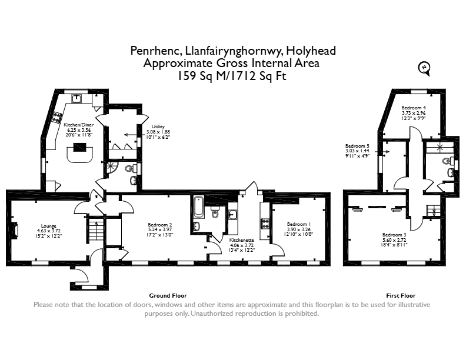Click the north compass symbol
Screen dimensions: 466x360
point(424,69)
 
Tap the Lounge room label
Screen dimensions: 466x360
point(49,226)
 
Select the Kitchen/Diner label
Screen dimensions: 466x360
point(79,125)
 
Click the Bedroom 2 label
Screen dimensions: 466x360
point(160,225)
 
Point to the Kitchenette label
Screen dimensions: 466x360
point(242,240)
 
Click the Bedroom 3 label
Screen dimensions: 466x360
point(394,235)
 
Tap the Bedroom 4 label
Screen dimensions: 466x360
point(414,108)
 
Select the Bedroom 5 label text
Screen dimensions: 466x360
point(357,146)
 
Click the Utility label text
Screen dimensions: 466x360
point(158,126)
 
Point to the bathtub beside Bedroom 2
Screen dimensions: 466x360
point(198,206)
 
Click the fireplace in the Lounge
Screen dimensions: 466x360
point(15,229)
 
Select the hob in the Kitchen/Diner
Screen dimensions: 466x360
point(57,117)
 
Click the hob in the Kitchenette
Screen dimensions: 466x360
point(265,224)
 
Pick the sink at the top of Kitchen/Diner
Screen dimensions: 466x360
point(76,98)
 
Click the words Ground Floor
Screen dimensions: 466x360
point(168,295)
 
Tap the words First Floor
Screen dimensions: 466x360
point(401,295)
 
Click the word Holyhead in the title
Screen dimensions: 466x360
point(311,51)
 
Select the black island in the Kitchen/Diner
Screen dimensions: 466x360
point(79,147)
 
